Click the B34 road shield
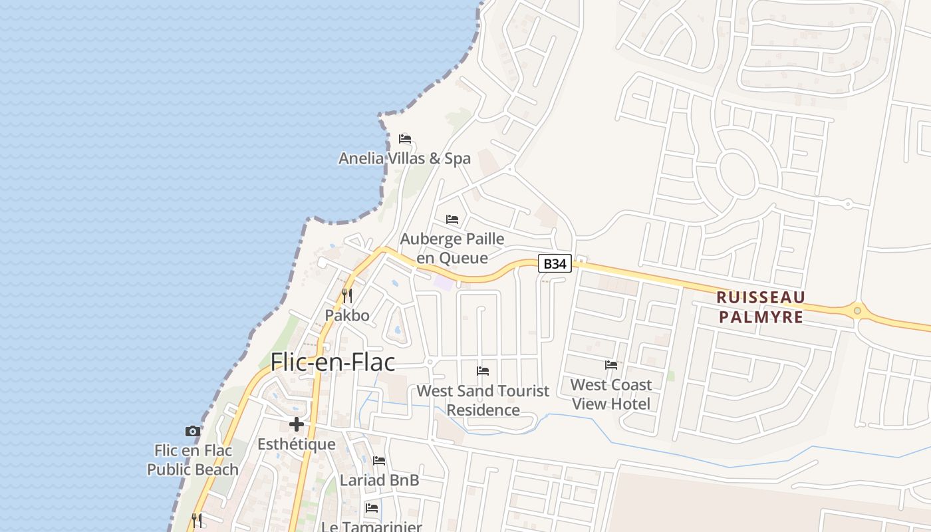tap(555, 264)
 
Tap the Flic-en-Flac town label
tap(332, 362)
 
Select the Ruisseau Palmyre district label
tap(761, 307)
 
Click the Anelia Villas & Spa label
tap(404, 158)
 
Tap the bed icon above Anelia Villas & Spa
tap(405, 139)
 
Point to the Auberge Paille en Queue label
tap(452, 248)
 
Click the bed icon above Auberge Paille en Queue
tap(452, 219)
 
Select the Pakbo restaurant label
tap(347, 315)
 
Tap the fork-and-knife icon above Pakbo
tap(347, 295)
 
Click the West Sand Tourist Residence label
tap(483, 400)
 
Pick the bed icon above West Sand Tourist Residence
tap(483, 371)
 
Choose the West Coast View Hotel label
tap(611, 394)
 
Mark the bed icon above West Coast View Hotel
tap(611, 365)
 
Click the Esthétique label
tap(297, 444)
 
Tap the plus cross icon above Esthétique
tap(297, 424)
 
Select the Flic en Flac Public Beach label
tap(193, 460)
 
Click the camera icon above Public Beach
tap(193, 431)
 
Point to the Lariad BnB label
tap(379, 479)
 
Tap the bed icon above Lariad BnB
tap(379, 460)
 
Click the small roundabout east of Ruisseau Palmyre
tap(857, 310)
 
